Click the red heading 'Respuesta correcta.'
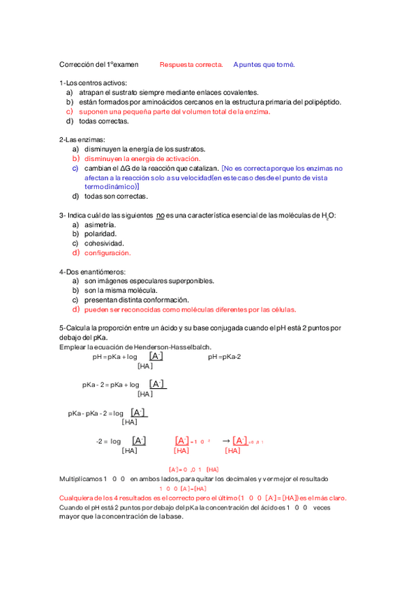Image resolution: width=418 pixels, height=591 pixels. (x=191, y=65)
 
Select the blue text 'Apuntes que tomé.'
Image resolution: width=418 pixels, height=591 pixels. (x=264, y=65)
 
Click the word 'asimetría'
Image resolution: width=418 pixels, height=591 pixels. (x=100, y=225)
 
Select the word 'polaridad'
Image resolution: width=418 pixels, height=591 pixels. (x=100, y=234)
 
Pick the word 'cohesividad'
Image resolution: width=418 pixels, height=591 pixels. (x=104, y=243)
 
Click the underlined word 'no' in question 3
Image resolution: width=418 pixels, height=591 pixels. (x=161, y=215)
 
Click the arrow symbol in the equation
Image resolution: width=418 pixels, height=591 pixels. (x=225, y=440)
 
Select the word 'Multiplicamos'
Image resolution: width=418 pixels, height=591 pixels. (x=80, y=479)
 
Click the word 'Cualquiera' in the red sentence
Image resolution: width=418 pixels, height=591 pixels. (x=77, y=498)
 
